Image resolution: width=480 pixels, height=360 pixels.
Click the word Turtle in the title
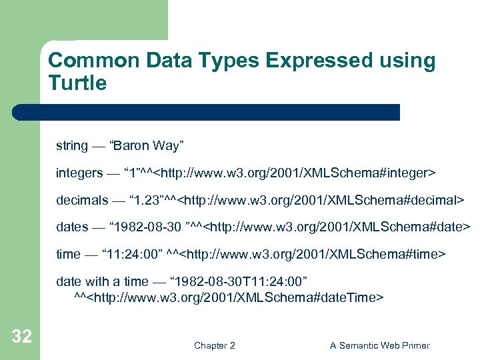click(77, 83)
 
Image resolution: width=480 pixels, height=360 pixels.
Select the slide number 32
click(21, 337)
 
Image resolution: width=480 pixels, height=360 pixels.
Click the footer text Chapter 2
click(214, 345)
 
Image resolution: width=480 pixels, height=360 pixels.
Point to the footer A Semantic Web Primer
click(380, 345)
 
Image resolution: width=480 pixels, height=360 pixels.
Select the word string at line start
click(71, 145)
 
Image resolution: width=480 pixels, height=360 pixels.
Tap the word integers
click(79, 173)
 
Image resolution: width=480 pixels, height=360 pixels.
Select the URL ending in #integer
click(294, 173)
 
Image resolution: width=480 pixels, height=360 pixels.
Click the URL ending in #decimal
click(323, 200)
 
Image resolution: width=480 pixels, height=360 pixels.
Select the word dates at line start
click(72, 227)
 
